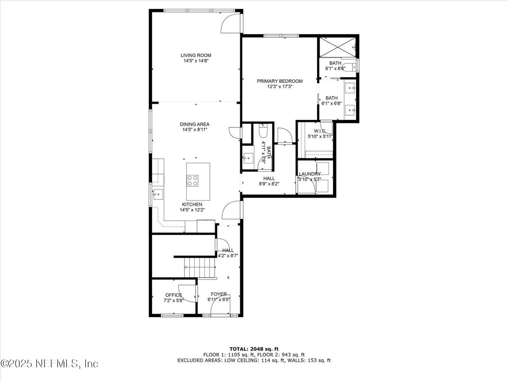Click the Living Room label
pos(196,55)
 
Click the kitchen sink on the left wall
pos(157,193)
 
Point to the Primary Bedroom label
pos(280,81)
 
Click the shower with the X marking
pos(336,46)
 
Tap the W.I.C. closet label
pos(320,131)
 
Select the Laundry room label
pos(309,174)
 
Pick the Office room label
pos(173,295)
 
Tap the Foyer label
pos(218,294)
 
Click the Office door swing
pos(187,292)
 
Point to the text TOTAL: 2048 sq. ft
pos(254,348)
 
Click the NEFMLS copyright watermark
pos(49,363)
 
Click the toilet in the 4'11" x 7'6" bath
pos(263,131)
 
